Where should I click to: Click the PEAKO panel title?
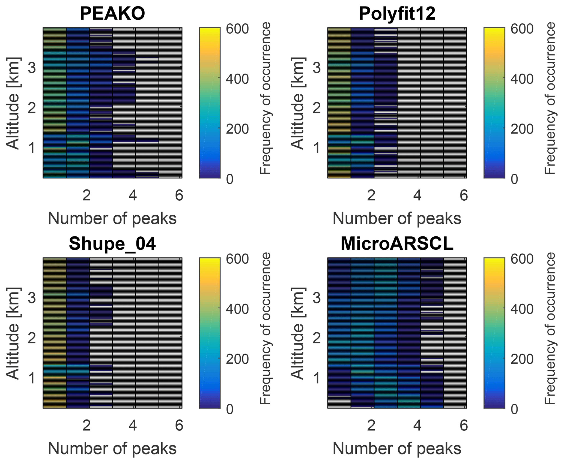pyautogui.click(x=112, y=13)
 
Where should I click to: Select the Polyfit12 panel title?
pyautogui.click(x=397, y=13)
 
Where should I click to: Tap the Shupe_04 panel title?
pyautogui.click(x=112, y=243)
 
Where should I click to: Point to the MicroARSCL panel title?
pyautogui.click(x=397, y=243)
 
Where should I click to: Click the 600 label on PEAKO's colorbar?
pyautogui.click(x=237, y=29)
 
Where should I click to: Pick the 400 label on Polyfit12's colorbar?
pyautogui.click(x=522, y=79)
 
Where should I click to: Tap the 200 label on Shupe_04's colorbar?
pyautogui.click(x=237, y=359)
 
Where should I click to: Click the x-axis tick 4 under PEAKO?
pyautogui.click(x=133, y=195)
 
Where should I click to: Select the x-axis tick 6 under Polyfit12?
pyautogui.click(x=464, y=195)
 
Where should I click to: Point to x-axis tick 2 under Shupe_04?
pyautogui.click(x=86, y=426)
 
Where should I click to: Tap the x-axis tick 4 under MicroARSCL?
pyautogui.click(x=417, y=426)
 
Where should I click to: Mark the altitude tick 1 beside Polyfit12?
pyautogui.click(x=317, y=148)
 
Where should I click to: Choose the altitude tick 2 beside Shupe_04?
pyautogui.click(x=32, y=338)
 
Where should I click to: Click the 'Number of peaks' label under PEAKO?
pyautogui.click(x=112, y=219)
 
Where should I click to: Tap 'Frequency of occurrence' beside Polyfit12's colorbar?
pyautogui.click(x=550, y=98)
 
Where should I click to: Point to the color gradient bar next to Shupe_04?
pyautogui.click(x=210, y=333)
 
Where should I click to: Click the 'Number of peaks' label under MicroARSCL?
pyautogui.click(x=397, y=449)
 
